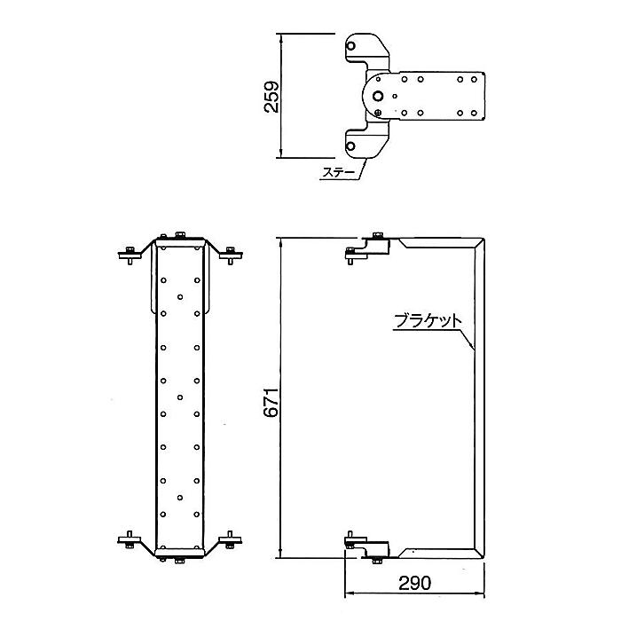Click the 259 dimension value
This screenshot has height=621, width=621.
tap(271, 97)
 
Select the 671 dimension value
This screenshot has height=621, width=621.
tap(271, 403)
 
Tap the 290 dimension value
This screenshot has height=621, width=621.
tap(414, 583)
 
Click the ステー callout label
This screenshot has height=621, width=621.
tap(339, 173)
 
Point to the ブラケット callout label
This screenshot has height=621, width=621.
tap(428, 321)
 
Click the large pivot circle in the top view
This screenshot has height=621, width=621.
tap(378, 96)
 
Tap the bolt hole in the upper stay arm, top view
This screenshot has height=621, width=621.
tap(350, 46)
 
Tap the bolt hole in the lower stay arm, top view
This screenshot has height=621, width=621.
tap(350, 146)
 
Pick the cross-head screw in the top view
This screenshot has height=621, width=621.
tap(378, 114)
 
